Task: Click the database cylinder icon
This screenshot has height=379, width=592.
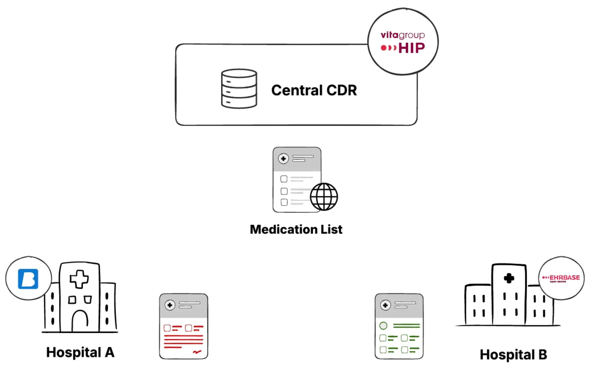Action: (x=239, y=89)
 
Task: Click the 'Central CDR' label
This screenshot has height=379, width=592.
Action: (x=314, y=90)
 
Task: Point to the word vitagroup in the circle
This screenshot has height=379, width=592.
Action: (x=402, y=35)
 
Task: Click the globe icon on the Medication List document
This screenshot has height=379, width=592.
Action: (x=324, y=197)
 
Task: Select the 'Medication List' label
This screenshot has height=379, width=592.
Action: (x=296, y=229)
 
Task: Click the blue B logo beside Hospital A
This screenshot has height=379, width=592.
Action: (x=28, y=279)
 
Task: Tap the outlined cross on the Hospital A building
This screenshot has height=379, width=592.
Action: (x=79, y=279)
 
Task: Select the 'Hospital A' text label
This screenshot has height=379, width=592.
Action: (x=80, y=352)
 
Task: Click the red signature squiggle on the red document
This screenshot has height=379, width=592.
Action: (x=197, y=352)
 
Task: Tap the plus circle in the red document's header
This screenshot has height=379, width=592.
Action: (x=170, y=305)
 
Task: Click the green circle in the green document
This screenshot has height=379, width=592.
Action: (x=383, y=326)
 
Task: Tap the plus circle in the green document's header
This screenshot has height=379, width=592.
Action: (x=385, y=305)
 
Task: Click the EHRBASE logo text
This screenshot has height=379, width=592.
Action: (x=564, y=278)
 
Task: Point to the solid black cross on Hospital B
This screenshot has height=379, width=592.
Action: (x=508, y=278)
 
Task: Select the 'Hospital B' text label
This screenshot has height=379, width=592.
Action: (x=513, y=355)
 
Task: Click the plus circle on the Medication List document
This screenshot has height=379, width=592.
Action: (x=283, y=159)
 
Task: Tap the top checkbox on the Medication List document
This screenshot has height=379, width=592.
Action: (x=284, y=179)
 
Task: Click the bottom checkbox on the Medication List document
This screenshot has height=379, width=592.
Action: (x=284, y=202)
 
